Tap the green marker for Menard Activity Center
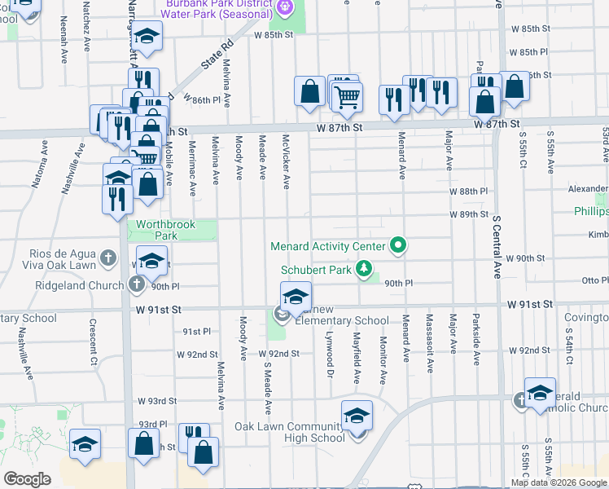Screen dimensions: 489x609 coord(398,244)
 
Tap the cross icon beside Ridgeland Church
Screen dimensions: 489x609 coord(136,284)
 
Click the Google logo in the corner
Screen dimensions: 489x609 coord(27,479)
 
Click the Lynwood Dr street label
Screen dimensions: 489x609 coord(331,359)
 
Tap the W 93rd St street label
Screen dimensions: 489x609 coord(157,401)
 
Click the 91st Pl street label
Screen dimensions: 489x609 coord(196,332)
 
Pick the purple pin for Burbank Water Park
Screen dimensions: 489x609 coord(284,8)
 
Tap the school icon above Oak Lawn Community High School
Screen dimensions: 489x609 coord(357,416)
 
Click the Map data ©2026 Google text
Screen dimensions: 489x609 coord(559,482)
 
